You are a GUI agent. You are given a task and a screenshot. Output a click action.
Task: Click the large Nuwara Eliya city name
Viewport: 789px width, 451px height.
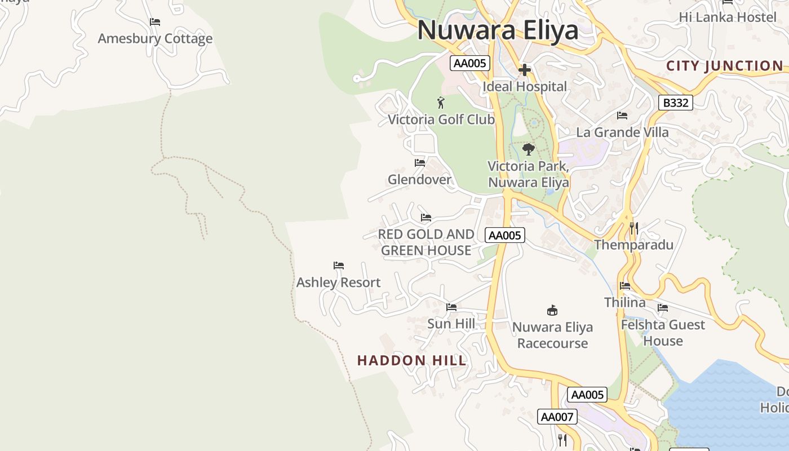coord(498,30)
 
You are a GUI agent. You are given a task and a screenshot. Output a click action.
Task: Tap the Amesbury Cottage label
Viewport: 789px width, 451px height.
coord(155,39)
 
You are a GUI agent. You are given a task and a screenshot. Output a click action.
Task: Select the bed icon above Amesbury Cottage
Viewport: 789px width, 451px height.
coord(155,22)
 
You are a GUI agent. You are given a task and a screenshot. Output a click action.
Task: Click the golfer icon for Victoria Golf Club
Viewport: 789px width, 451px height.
coord(441,103)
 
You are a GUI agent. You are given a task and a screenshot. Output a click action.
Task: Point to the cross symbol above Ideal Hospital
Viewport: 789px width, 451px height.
coord(525,70)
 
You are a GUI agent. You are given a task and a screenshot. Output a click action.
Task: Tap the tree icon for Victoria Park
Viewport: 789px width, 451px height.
coord(528,149)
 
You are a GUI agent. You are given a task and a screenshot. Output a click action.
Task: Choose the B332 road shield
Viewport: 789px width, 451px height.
coord(675,103)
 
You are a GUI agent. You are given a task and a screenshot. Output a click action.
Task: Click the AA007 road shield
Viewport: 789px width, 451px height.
coord(557,417)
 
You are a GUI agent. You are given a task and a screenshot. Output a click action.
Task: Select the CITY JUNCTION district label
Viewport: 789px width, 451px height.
coord(724,66)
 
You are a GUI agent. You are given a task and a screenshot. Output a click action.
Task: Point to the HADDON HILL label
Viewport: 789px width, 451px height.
coord(412,361)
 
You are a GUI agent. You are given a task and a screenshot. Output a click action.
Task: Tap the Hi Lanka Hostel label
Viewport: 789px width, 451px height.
coord(728,17)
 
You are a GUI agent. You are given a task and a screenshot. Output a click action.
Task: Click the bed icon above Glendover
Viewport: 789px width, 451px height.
coord(420,163)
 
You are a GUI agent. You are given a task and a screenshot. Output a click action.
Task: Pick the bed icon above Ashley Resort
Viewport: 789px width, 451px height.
coord(339,266)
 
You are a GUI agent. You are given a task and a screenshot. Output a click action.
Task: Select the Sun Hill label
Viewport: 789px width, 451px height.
coord(451,324)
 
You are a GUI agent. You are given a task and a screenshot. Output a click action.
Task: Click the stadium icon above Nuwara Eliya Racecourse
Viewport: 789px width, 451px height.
coord(552,310)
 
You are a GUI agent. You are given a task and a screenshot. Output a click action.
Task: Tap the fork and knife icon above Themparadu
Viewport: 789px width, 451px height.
coord(634,228)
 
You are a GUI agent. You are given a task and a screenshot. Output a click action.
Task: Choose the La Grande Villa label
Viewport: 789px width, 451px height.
coord(622,132)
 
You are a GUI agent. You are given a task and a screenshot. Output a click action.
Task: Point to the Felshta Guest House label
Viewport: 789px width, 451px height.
coord(663,333)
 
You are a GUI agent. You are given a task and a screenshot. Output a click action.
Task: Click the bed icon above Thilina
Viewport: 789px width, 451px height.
coord(625,286)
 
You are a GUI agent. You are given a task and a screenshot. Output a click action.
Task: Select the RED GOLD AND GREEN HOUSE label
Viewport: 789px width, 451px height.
coord(426,242)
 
